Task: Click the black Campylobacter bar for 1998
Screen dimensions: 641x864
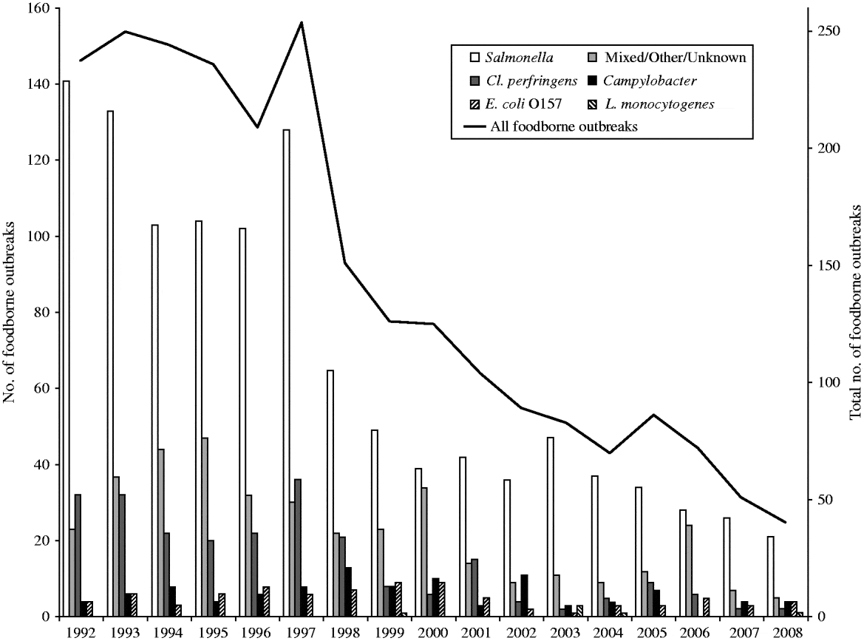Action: tap(347, 591)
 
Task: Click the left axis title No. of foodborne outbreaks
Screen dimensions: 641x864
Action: tap(10, 313)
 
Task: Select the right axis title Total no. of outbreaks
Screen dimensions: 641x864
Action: tap(855, 313)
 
